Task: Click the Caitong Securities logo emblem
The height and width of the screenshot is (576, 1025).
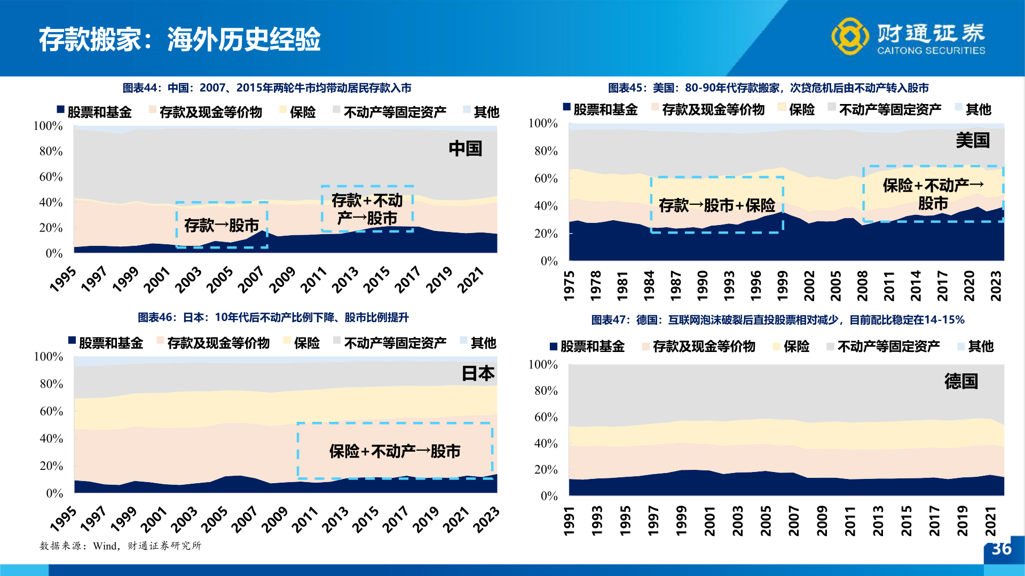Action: (850, 36)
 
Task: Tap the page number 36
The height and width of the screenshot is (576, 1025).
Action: (1002, 549)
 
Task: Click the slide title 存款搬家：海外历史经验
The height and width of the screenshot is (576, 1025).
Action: (179, 39)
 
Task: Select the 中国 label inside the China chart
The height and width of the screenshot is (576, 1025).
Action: (465, 148)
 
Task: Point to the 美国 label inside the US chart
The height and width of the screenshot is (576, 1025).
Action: (973, 140)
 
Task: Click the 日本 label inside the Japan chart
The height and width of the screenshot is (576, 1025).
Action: (478, 373)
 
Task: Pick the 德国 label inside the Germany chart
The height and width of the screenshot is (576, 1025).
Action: (961, 381)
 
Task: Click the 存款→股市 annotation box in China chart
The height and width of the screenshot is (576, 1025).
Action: (222, 225)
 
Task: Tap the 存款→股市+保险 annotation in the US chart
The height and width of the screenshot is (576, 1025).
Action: (717, 205)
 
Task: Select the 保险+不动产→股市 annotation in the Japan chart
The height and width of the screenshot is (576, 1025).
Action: (395, 451)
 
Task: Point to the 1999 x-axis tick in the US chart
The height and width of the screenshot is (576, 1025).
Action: (783, 286)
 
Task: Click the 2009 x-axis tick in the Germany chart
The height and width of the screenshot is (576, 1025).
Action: (822, 521)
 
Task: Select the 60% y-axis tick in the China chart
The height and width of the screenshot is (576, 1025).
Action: (51, 177)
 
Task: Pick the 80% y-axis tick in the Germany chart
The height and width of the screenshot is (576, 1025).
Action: (546, 390)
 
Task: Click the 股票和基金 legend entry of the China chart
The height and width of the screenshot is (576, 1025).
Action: (94, 111)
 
